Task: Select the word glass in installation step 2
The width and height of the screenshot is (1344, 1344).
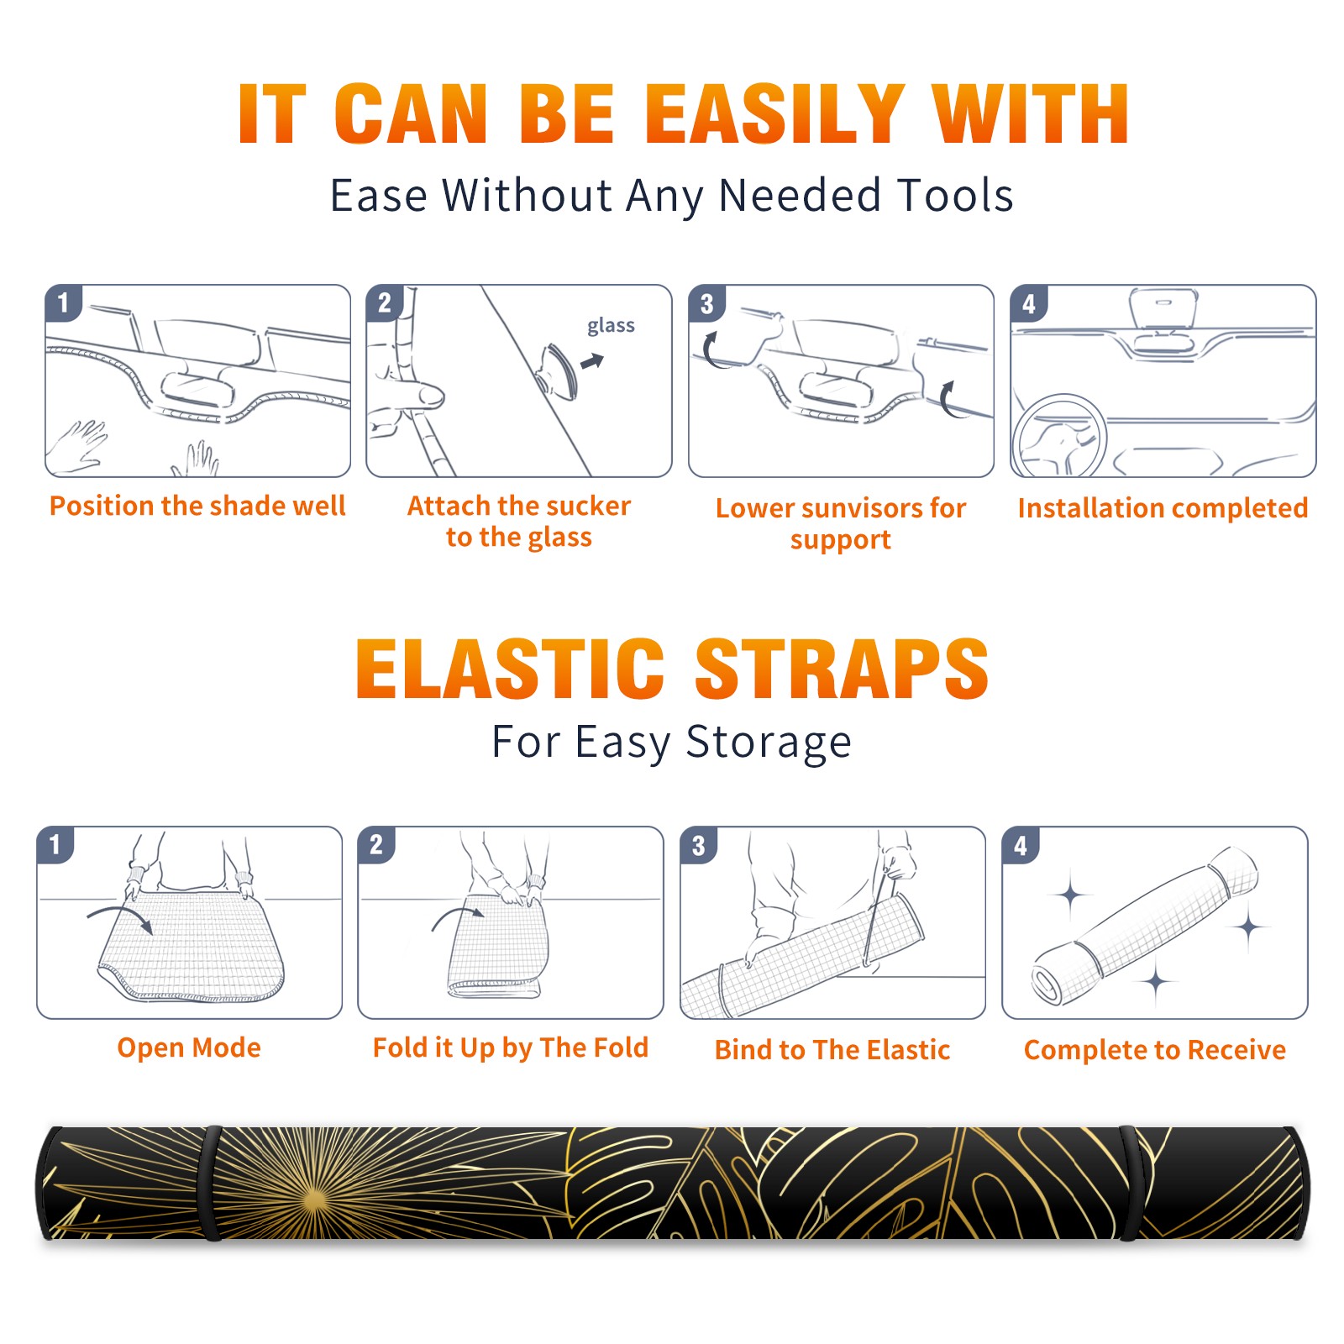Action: tap(611, 326)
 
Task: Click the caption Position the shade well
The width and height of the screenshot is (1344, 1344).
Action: tap(197, 506)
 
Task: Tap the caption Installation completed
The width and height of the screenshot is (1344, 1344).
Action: tap(1163, 507)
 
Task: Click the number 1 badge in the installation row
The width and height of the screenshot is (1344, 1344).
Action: tap(63, 302)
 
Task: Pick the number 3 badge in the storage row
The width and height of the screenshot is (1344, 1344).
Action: tap(698, 845)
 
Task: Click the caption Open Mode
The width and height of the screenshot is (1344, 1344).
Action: tap(189, 1047)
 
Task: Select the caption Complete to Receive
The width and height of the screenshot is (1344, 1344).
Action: tap(1155, 1049)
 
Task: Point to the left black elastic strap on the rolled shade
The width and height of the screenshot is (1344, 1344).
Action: tap(211, 1183)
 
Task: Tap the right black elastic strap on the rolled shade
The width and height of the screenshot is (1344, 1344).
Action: tap(1130, 1183)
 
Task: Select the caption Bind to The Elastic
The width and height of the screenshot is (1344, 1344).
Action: tap(832, 1049)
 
